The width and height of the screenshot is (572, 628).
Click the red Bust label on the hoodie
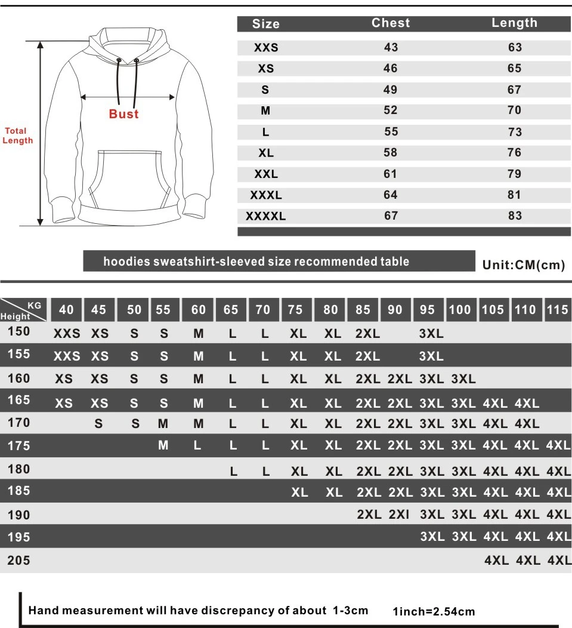point(123,114)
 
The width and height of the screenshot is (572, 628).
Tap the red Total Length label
point(17,136)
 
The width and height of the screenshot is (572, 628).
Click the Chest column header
point(391,23)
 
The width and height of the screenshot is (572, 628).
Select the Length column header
point(514,23)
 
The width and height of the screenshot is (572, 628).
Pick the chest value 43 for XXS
point(391,48)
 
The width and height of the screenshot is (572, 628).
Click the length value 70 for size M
point(514,110)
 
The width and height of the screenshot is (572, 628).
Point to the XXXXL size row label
point(266,216)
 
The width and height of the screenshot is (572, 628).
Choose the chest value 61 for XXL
point(391,174)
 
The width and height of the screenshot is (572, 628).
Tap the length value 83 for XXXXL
point(514,216)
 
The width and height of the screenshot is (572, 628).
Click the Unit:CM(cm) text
point(523,265)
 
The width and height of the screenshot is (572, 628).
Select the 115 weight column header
point(558,309)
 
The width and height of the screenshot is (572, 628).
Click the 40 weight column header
point(67,309)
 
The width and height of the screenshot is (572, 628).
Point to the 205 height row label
point(19,561)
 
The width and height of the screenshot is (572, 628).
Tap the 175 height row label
point(19,445)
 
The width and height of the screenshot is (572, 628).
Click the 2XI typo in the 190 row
point(399,515)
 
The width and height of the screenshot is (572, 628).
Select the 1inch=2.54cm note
point(434,611)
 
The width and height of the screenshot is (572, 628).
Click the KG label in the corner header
point(35,305)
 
